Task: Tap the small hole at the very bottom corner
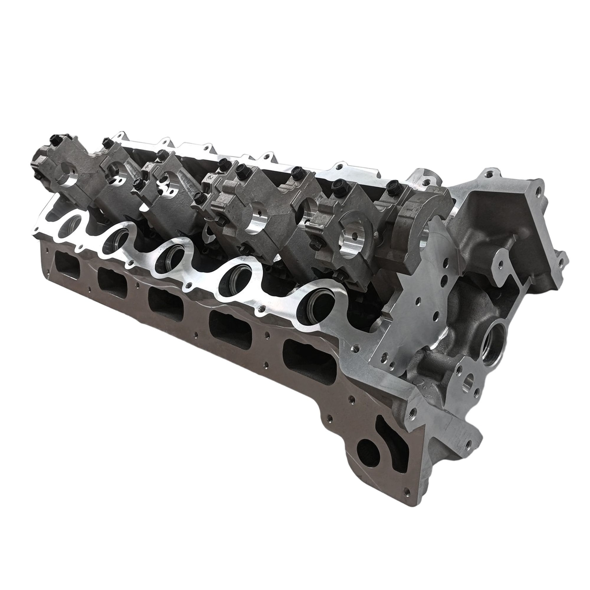pos(407,479)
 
